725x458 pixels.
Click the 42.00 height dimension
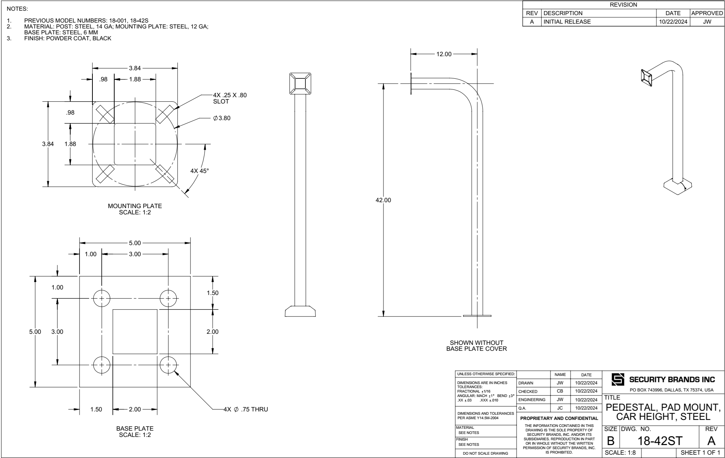[x=383, y=200]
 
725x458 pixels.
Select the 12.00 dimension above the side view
[x=444, y=54]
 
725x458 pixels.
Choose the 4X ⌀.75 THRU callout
[x=245, y=410]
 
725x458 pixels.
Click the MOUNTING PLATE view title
[x=135, y=208]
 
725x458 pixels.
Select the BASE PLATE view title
[x=135, y=431]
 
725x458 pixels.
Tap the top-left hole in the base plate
[x=101, y=298]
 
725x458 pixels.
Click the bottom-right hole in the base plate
[x=168, y=365]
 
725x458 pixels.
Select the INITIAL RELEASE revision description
[x=567, y=21]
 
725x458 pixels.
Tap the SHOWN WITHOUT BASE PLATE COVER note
[x=477, y=346]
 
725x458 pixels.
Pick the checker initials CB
[x=560, y=391]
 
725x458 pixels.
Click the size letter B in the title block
[x=611, y=441]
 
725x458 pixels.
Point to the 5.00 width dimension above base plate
[x=135, y=243]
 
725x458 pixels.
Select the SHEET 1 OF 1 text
[x=700, y=452]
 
